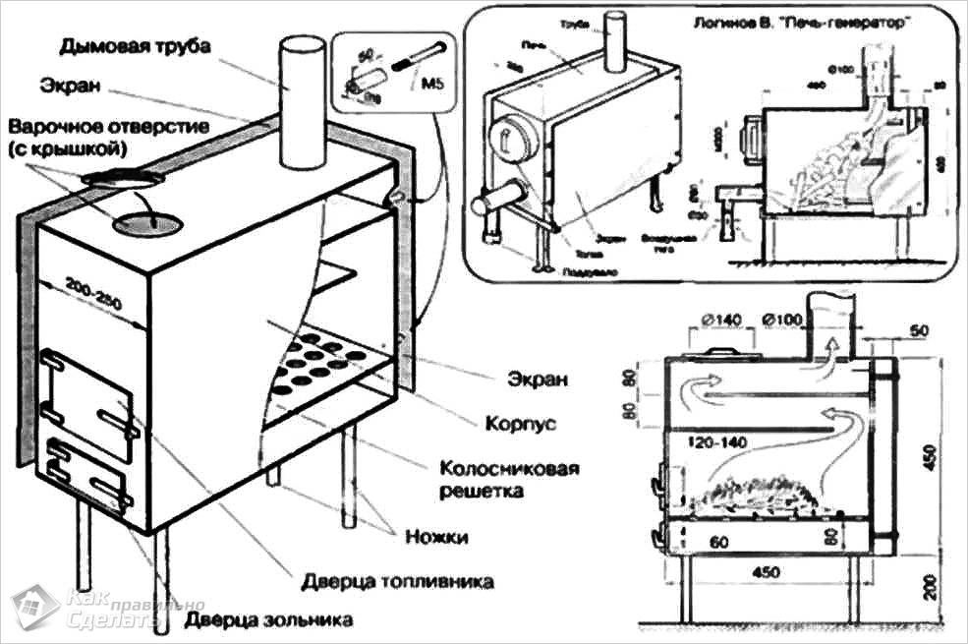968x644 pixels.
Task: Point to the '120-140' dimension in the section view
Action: coord(716,443)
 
